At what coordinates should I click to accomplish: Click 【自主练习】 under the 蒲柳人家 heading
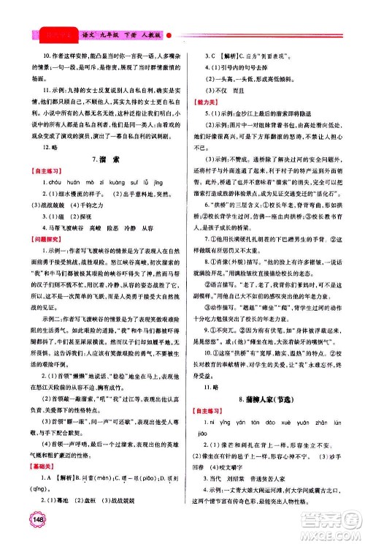pyautogui.click(x=209, y=418)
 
